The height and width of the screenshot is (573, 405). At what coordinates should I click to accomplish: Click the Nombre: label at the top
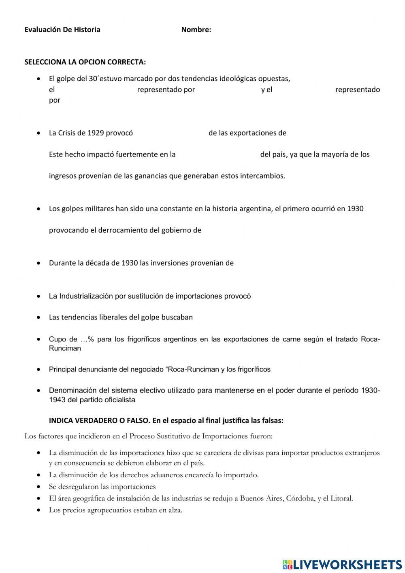196,30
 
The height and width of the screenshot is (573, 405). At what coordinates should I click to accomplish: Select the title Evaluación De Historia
62,30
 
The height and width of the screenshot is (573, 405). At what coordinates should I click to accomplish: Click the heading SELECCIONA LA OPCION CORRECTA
85,62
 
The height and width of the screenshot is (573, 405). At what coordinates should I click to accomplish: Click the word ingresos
62,176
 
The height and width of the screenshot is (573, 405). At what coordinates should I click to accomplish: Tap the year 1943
58,400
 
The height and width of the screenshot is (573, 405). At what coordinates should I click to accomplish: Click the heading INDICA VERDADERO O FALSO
100,421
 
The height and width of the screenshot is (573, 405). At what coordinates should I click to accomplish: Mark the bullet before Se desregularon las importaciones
38,487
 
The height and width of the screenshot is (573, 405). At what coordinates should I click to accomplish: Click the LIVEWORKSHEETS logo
342,564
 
